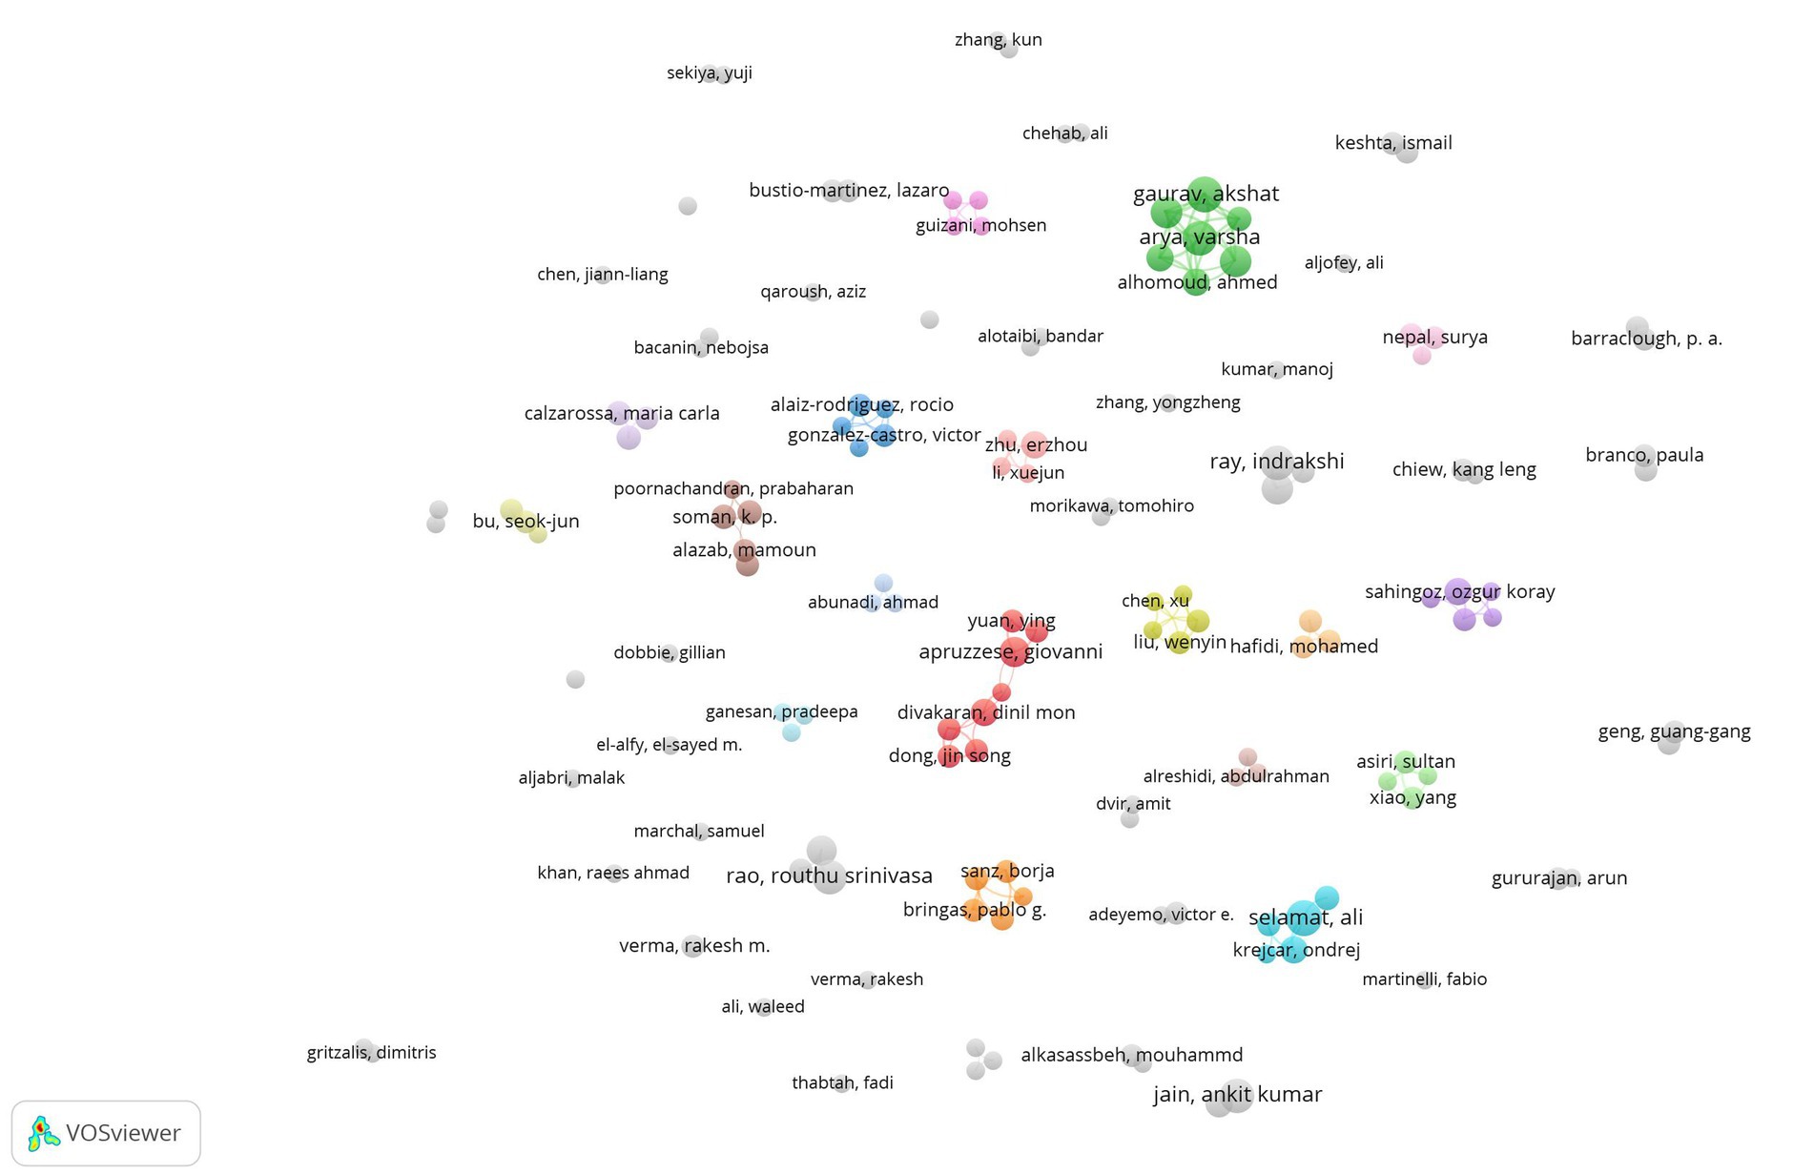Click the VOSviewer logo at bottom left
coord(105,1133)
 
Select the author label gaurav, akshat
coord(1206,194)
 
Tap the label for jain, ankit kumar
coord(1237,1095)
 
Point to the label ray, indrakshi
coord(1276,462)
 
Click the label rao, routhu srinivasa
coord(829,875)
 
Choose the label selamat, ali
coord(1305,917)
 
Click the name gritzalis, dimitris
coord(371,1053)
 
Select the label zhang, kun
coord(998,40)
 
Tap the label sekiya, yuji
coord(709,72)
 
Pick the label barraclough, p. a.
coord(1645,339)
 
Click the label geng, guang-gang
coord(1674,731)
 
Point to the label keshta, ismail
coord(1392,143)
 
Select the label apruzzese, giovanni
coord(1010,652)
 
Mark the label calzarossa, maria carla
coord(621,414)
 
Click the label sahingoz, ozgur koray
coord(1459,591)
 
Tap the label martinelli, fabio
coord(1424,979)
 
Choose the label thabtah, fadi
coord(842,1082)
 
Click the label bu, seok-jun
coord(526,522)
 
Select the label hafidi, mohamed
coord(1304,647)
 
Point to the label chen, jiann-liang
coord(602,275)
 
